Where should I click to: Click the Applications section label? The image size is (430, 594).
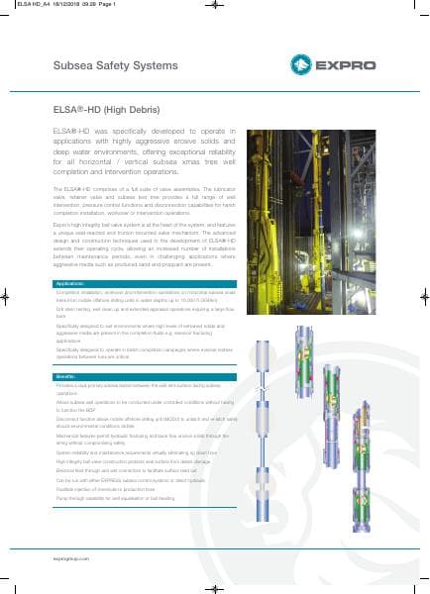coord(70,284)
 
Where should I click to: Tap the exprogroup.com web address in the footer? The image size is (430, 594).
coord(70,560)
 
